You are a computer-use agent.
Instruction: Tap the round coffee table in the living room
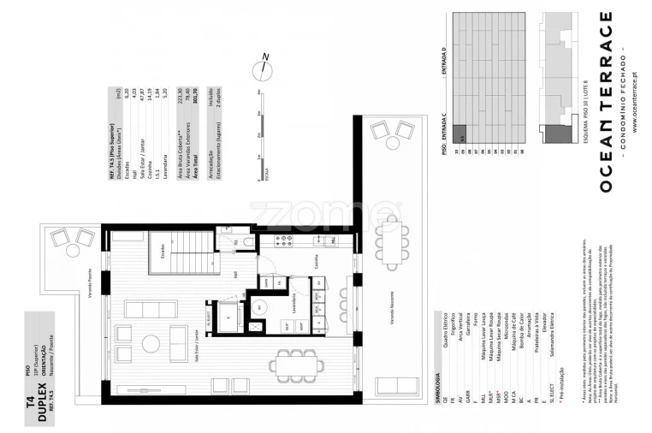click(x=151, y=344)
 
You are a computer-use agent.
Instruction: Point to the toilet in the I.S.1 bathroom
click(x=246, y=242)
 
